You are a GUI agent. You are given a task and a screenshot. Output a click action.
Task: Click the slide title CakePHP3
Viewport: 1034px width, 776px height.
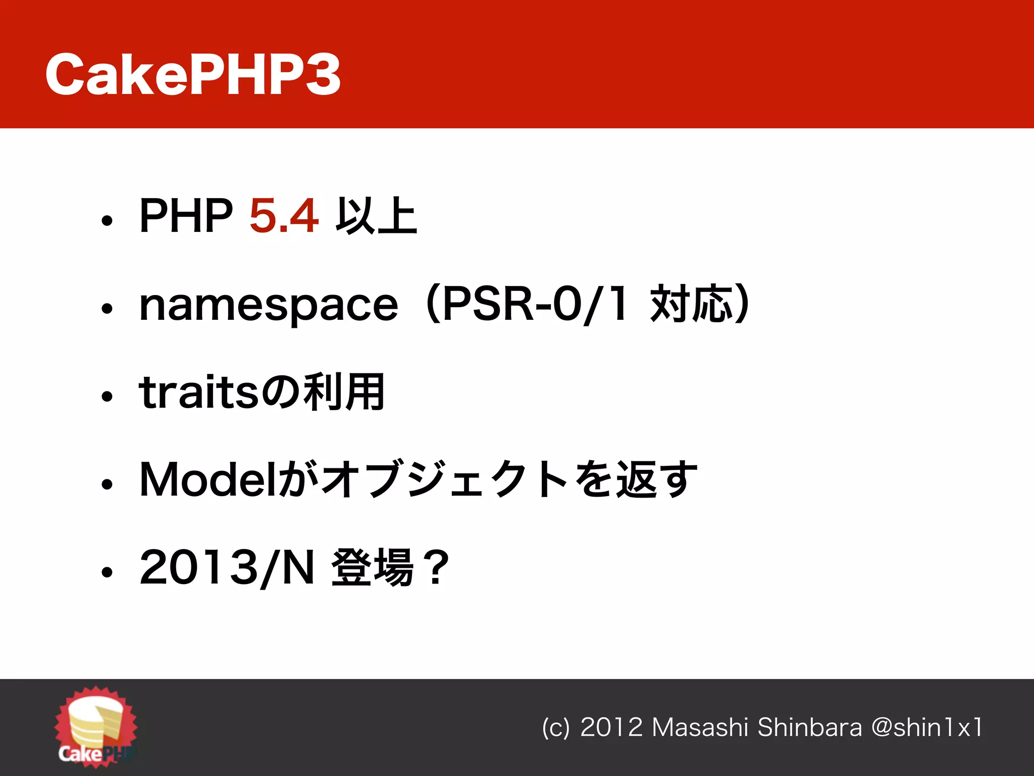[x=193, y=74]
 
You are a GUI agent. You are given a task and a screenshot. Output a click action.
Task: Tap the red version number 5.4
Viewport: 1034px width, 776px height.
[x=284, y=216]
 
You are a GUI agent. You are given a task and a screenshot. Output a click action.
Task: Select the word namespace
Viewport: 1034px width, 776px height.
[x=269, y=306]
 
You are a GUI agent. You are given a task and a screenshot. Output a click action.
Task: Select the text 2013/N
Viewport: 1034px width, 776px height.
[x=227, y=568]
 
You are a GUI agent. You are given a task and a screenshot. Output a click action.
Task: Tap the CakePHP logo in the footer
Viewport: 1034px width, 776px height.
[x=96, y=725]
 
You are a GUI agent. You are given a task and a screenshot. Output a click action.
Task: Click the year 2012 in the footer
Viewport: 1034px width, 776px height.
[x=611, y=727]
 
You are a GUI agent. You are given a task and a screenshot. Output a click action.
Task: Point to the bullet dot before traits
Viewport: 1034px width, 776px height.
[x=107, y=396]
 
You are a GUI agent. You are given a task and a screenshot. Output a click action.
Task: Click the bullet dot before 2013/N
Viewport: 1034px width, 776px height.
[x=107, y=572]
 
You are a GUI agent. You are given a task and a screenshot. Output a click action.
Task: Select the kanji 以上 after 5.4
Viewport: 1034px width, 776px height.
[x=377, y=216]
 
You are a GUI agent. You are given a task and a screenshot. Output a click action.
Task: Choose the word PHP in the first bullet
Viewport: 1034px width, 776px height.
[x=186, y=216]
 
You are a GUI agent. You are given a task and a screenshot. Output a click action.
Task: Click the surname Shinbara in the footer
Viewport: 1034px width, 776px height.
[x=809, y=727]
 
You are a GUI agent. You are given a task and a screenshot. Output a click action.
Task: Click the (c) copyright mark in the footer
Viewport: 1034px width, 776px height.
[x=555, y=727]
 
